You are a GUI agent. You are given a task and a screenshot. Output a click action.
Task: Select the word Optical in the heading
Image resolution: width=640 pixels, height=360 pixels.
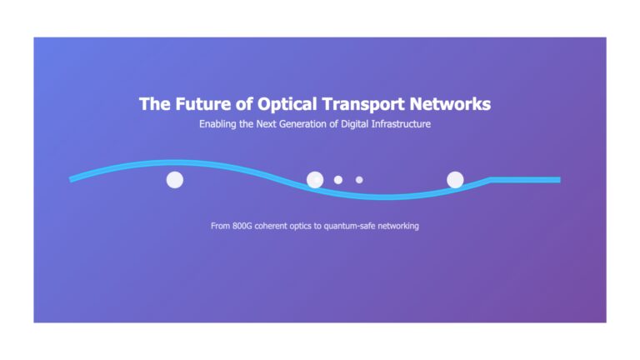click(287, 104)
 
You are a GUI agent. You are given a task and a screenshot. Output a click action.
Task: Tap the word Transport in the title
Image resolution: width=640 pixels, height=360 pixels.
click(363, 104)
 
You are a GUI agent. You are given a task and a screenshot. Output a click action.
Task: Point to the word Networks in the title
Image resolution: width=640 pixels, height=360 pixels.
click(450, 104)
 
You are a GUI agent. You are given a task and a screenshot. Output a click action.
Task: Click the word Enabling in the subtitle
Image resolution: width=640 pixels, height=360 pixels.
click(217, 124)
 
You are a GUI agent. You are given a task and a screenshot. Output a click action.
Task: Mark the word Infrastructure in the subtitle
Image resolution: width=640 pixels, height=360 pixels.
click(401, 123)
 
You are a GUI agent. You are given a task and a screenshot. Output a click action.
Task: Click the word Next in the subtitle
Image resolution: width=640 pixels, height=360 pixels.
click(266, 123)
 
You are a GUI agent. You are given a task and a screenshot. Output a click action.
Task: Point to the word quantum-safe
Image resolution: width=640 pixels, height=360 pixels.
click(349, 226)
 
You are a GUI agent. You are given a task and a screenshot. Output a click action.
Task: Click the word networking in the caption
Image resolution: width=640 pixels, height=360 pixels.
click(398, 226)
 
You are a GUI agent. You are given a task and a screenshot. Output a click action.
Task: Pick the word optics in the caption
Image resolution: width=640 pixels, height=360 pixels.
click(300, 226)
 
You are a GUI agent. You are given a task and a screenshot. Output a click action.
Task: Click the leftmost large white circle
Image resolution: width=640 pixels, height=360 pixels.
click(175, 180)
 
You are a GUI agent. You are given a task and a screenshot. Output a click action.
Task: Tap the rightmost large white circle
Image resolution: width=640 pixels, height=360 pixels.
click(455, 180)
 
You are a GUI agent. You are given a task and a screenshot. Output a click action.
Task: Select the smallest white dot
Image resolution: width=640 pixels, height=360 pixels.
click(359, 180)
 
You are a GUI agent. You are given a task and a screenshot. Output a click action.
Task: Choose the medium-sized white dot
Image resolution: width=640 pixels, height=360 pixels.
click(338, 180)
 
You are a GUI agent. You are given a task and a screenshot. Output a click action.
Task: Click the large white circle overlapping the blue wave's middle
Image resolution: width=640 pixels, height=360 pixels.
click(315, 180)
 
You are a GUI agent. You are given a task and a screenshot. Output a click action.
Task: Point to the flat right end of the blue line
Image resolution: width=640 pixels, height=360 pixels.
click(560, 180)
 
